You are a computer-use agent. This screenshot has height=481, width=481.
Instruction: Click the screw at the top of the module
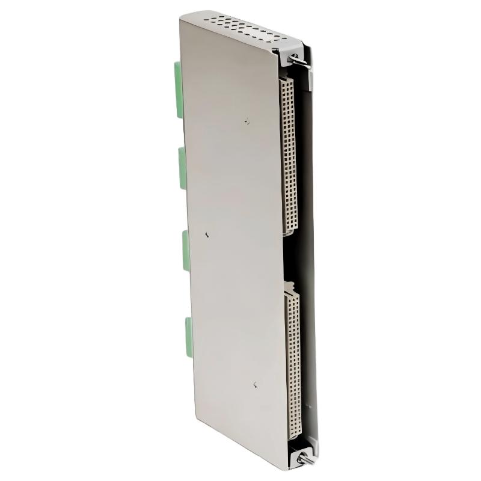point(295,58)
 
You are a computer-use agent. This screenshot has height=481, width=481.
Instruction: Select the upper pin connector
point(288,156)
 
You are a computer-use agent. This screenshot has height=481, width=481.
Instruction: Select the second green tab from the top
point(182,168)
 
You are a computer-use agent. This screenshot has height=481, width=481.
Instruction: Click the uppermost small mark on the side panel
point(247,121)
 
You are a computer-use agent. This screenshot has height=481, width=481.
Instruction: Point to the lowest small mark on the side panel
point(256,385)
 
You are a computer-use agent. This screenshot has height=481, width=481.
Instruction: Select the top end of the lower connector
point(292,283)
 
